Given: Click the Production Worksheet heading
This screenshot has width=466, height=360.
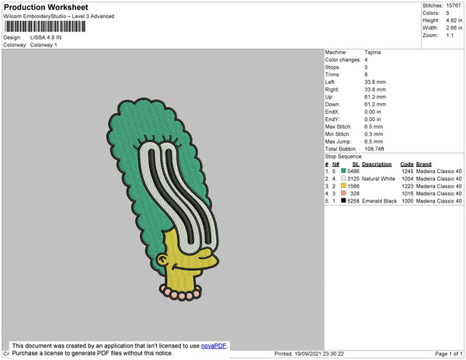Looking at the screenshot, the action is point(46,7).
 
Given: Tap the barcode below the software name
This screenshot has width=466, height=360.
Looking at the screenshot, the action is point(45,26).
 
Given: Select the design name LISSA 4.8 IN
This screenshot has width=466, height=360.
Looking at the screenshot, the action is point(46,37).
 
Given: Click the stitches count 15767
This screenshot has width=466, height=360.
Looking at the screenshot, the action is point(454,5).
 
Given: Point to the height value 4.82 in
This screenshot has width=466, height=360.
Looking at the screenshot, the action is point(454,20).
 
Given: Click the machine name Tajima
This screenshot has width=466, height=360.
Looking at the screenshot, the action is point(372,53).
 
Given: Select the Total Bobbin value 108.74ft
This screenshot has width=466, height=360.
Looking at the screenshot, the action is point(374,149).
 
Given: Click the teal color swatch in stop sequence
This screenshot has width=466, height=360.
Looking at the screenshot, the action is point(343,171).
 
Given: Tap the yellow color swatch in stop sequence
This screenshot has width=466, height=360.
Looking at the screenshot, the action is point(343,185).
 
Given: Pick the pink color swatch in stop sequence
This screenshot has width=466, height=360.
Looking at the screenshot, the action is point(343,193).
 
